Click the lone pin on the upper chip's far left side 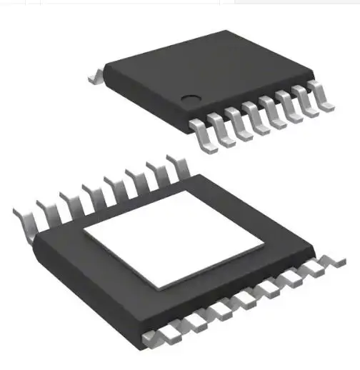96,74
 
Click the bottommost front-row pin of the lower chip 154,336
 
